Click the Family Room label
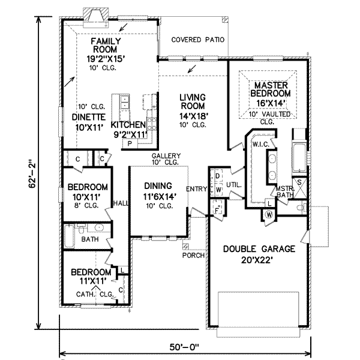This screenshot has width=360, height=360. tap(106, 45)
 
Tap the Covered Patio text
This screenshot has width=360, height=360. tap(197, 40)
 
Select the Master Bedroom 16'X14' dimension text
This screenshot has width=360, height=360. tap(271, 103)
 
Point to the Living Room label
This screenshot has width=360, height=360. tap(193, 101)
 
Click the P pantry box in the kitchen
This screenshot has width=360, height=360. tap(130, 144)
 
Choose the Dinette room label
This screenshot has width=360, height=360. tap(89, 117)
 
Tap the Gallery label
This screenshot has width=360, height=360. tap(166, 156)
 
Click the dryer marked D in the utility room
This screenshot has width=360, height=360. tap(217, 176)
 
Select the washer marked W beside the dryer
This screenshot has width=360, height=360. tap(218, 190)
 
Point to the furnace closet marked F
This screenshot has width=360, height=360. tap(217, 210)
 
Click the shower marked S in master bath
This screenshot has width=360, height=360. tap(299, 188)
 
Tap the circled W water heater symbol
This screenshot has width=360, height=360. tap(269, 215)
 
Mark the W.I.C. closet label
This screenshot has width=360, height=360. tap(260, 144)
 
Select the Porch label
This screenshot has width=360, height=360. tap(193, 255)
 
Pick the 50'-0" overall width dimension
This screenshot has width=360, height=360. tap(185, 347)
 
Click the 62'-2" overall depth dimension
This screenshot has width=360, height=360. tap(32, 172)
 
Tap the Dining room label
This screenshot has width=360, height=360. tap(158, 186)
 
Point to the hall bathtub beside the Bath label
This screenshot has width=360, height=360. tap(69, 236)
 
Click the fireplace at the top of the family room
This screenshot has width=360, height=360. tap(95, 18)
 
